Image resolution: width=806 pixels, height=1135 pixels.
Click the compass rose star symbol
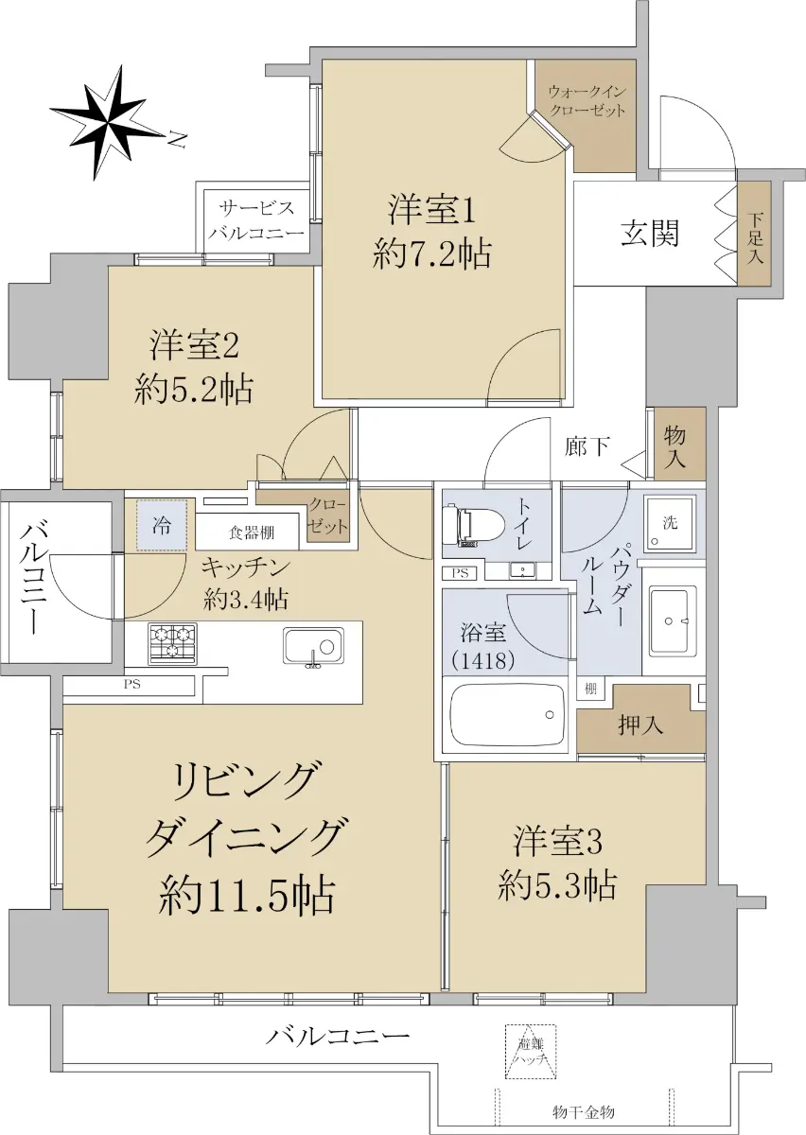click(x=108, y=123)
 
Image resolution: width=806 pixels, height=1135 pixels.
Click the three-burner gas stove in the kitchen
click(x=172, y=643)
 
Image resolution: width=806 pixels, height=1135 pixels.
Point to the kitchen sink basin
click(x=314, y=648)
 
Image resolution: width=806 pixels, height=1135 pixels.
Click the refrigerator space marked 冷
click(x=162, y=525)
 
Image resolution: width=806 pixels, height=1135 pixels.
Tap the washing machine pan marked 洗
click(x=670, y=524)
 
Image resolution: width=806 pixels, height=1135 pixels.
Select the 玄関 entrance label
click(x=650, y=234)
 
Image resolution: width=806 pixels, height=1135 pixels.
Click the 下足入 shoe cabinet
click(x=754, y=234)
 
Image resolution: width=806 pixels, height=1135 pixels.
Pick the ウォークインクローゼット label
click(x=587, y=101)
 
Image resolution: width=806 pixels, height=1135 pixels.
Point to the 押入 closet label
click(x=640, y=726)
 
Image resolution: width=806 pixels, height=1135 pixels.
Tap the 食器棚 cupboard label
click(x=252, y=532)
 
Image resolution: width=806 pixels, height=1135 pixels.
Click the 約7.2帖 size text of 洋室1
click(x=432, y=253)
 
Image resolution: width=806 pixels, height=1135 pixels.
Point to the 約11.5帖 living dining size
click(x=247, y=895)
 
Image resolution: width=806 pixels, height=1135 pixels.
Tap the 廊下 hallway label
click(x=587, y=446)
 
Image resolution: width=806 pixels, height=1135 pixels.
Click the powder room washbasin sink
click(x=673, y=620)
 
